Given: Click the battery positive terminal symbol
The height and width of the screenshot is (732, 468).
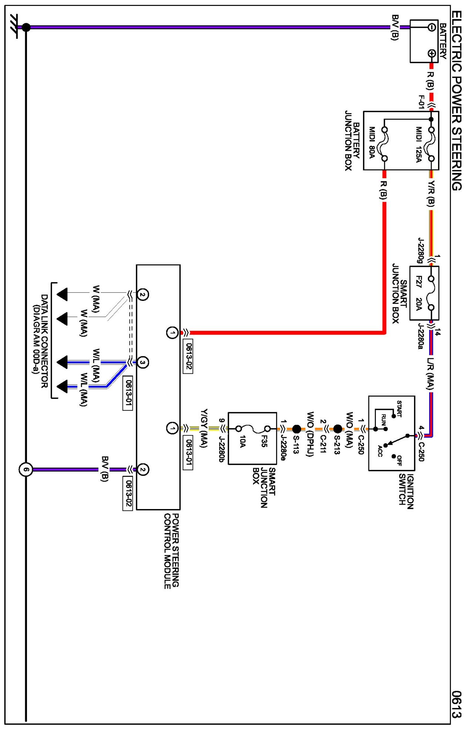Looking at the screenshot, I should click(432, 53).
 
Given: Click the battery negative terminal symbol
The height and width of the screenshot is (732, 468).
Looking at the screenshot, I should click(431, 27).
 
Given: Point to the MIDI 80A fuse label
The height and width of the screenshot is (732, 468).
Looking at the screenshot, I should click(372, 143).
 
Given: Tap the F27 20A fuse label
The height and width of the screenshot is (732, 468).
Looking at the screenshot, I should click(419, 293).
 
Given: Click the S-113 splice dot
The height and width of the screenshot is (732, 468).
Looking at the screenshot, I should click(297, 429).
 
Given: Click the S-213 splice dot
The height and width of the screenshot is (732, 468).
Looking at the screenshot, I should click(338, 429).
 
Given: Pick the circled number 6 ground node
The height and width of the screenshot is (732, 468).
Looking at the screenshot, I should click(26, 470).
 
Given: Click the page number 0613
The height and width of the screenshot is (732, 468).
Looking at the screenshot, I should click(457, 704).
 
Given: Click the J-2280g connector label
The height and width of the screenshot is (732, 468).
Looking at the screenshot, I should click(421, 250).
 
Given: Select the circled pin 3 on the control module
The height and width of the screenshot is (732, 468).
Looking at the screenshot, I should click(143, 362).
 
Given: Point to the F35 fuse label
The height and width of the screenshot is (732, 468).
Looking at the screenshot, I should click(264, 441).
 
